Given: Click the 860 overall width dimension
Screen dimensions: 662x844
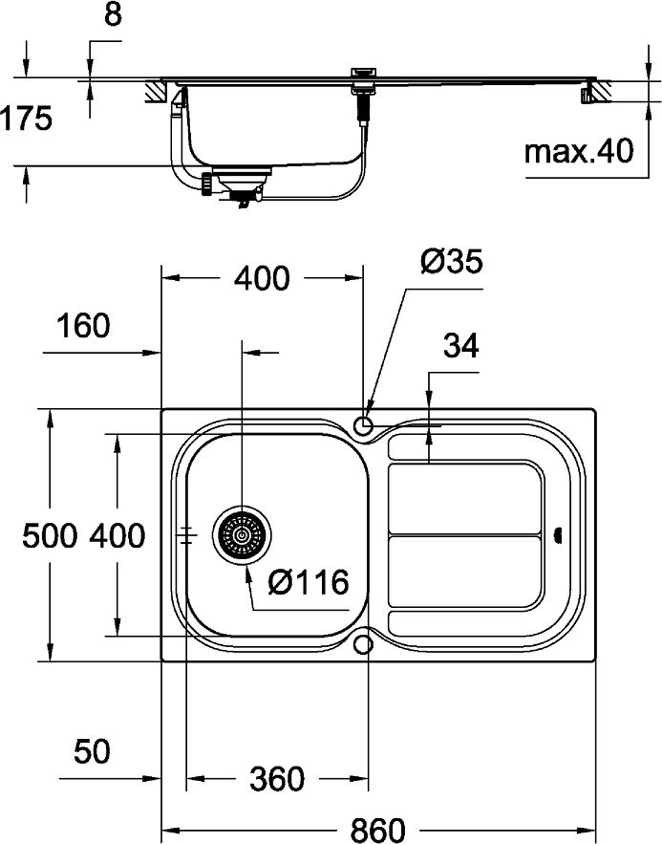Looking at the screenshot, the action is pos(378,830).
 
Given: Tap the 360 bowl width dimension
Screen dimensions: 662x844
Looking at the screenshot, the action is pos(277,779).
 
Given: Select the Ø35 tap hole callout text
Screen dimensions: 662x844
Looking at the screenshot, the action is pos(452,262).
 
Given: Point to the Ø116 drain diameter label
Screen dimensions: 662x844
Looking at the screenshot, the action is pos(309,582).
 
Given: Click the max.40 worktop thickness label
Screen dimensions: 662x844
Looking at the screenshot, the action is pos(579,151).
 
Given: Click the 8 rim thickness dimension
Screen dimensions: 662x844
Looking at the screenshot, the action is pos(113,14).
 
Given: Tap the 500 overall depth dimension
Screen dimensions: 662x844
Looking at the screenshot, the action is pos(50,535).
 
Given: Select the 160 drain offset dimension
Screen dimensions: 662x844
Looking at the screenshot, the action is pos(83,326).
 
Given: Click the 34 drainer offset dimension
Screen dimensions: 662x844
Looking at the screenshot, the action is pos(460,346).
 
